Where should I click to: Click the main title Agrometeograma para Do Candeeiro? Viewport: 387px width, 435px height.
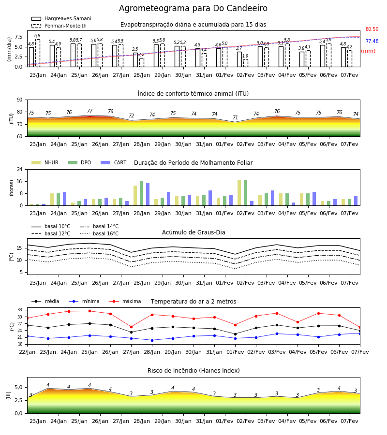pyautogui.click(x=193, y=8)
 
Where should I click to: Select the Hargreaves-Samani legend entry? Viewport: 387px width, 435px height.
pyautogui.click(x=61, y=18)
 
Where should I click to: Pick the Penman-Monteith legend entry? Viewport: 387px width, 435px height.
pyautogui.click(x=59, y=26)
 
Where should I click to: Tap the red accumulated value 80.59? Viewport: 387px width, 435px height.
pyautogui.click(x=372, y=29)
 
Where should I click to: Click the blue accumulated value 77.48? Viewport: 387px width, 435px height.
pyautogui.click(x=372, y=41)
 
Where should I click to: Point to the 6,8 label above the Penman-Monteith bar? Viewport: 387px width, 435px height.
pyautogui.click(x=37, y=35)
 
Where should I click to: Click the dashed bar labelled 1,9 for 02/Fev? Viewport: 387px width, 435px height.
pyautogui.click(x=245, y=63)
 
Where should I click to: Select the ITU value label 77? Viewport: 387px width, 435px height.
pyautogui.click(x=89, y=111)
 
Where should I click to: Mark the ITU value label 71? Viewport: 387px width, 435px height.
pyautogui.click(x=236, y=117)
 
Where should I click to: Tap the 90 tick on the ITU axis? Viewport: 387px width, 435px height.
pyautogui.click(x=20, y=100)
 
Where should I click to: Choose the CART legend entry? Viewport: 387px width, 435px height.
pyautogui.click(x=114, y=162)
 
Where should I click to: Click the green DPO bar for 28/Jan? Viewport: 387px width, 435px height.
pyautogui.click(x=142, y=193)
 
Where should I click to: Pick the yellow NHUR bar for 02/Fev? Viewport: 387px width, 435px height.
pyautogui.click(x=239, y=193)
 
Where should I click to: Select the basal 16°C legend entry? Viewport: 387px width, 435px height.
pyautogui.click(x=99, y=233)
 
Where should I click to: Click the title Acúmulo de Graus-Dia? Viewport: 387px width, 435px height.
pyautogui.click(x=193, y=232)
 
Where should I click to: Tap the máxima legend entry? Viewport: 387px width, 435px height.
pyautogui.click(x=125, y=301)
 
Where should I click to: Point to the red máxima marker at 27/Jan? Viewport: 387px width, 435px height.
pyautogui.click(x=131, y=327)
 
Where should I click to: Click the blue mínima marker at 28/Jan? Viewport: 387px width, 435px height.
pyautogui.click(x=152, y=340)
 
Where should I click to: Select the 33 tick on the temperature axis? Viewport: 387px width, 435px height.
pyautogui.click(x=20, y=310)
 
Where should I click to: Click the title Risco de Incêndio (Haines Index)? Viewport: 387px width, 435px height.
pyautogui.click(x=193, y=370)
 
